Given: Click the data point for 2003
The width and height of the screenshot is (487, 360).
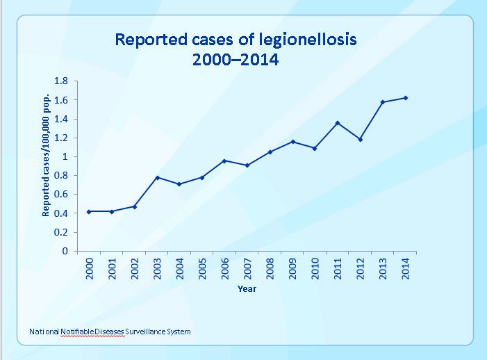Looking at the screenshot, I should (158, 177).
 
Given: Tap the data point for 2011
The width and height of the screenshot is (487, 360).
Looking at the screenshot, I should (338, 123).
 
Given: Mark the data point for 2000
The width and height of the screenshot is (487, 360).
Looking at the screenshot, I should (90, 211).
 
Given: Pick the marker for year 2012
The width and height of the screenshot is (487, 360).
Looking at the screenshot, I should (360, 139).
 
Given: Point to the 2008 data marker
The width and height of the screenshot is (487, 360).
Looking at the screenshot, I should (270, 152).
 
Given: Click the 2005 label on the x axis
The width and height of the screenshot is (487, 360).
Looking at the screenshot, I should (203, 269).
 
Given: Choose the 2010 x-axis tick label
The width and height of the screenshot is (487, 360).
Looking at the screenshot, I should (315, 269).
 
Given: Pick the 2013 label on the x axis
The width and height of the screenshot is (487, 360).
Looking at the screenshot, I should (382, 269).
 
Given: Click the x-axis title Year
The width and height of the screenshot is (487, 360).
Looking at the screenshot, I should (247, 288).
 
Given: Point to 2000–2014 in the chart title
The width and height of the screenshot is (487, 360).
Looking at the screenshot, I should (236, 60).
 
